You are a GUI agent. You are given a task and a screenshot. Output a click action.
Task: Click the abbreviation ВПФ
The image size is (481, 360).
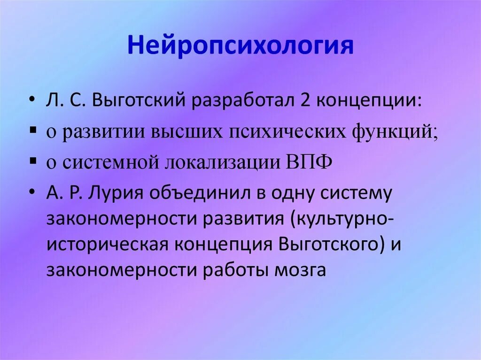309,161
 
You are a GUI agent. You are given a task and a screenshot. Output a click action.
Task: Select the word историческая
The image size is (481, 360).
108,245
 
